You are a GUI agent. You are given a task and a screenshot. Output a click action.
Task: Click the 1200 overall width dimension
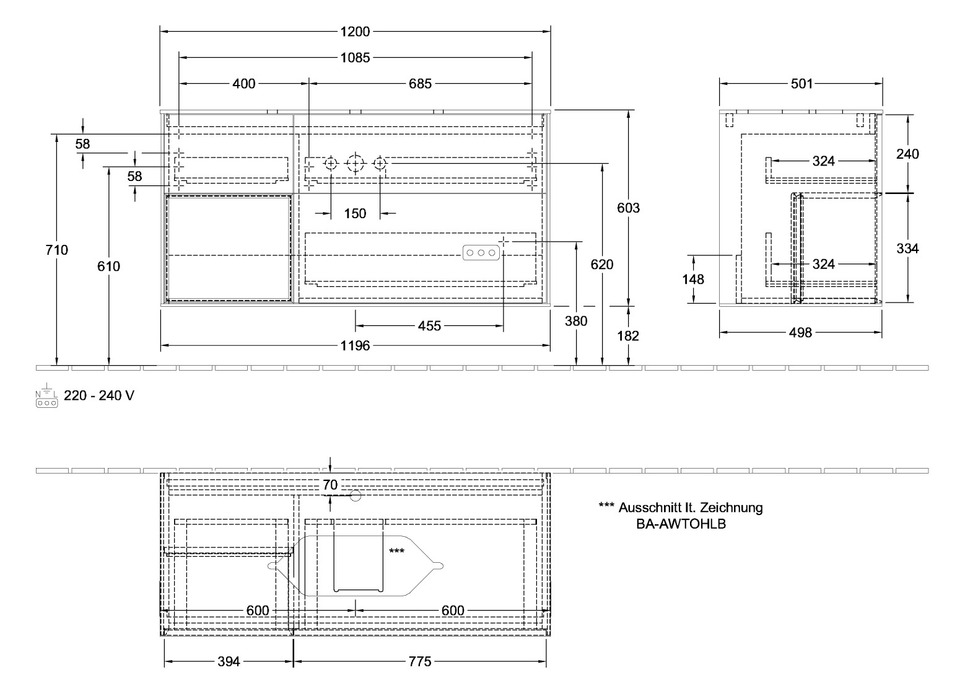[355, 32]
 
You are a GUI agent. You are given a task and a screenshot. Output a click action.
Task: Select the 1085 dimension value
[355, 58]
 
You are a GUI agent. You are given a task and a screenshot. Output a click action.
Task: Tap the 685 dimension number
[420, 83]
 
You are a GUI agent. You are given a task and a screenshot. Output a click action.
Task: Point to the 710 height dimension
[56, 250]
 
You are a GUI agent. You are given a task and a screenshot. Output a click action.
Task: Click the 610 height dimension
[108, 267]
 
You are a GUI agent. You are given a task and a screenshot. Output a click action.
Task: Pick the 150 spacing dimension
[355, 214]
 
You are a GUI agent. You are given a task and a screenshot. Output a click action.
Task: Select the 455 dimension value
[429, 325]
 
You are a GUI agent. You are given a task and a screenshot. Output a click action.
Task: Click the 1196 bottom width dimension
[355, 346]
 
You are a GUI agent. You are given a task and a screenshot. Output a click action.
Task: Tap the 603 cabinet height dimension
[628, 208]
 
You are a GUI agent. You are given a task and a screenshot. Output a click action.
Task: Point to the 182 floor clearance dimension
[628, 336]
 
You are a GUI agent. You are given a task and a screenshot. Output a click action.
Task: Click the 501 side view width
[801, 84]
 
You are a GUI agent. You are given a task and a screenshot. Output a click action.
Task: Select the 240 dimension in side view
[907, 154]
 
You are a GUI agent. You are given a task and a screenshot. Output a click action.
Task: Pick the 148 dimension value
[693, 280]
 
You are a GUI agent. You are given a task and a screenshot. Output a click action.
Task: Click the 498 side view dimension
[800, 333]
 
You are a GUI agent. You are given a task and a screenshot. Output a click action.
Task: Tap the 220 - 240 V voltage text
[99, 395]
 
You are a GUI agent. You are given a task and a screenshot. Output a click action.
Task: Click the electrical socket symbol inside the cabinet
[480, 252]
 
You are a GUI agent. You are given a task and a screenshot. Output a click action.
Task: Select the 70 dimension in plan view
[331, 485]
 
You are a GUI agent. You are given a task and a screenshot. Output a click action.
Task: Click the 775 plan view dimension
[419, 662]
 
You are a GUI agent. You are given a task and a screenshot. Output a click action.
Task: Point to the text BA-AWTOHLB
[681, 524]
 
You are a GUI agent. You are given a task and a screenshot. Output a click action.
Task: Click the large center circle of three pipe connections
[355, 164]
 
